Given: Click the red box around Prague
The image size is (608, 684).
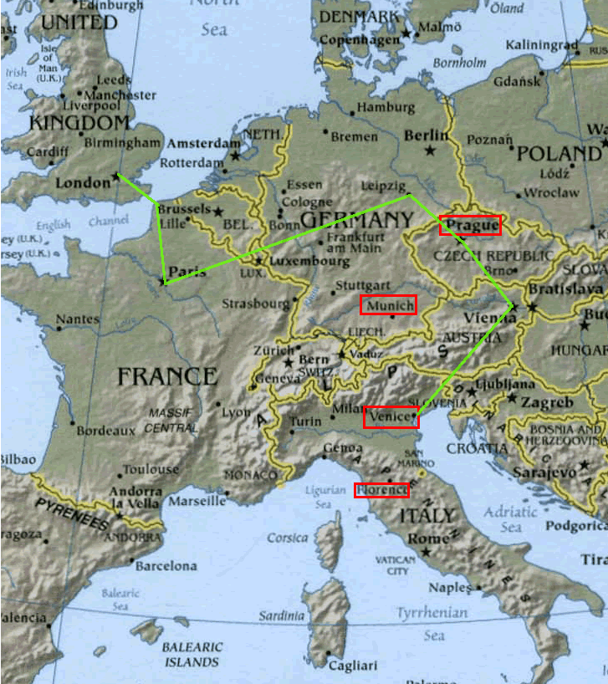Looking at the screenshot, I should pyautogui.click(x=470, y=225).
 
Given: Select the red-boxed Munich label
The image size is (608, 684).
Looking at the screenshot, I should pyautogui.click(x=388, y=305).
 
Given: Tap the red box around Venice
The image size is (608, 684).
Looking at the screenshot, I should pyautogui.click(x=391, y=416).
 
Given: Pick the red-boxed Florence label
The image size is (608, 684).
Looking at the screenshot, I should pyautogui.click(x=381, y=490).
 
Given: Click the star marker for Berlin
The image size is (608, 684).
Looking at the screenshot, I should pyautogui.click(x=430, y=151).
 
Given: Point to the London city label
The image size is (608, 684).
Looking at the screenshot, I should pyautogui.click(x=82, y=182).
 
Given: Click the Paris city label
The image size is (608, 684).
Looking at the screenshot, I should pyautogui.click(x=186, y=272).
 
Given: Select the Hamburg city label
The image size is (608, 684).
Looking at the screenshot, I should pyautogui.click(x=386, y=108).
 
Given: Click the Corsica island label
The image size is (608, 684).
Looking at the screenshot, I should pyautogui.click(x=288, y=538).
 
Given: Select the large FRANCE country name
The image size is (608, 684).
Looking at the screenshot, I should pyautogui.click(x=167, y=376).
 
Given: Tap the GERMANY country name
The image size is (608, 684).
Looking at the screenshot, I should pyautogui.click(x=356, y=221).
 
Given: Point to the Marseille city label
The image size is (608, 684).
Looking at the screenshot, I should pyautogui.click(x=197, y=502).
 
